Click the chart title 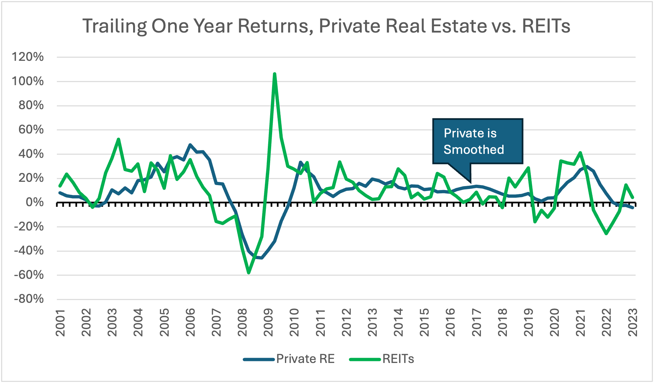coord(326,26)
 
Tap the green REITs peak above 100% coord(274,74)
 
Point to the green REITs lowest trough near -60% coord(249,273)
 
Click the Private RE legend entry coord(305,359)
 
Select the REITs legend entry coord(398,359)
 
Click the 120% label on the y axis coord(28,57)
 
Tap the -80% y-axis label coord(29,299)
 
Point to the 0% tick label coord(35,202)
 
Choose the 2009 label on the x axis coord(269,323)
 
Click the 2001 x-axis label coord(60,323)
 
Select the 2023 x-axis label coord(633,323)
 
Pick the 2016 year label coord(451,323)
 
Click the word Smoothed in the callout coord(474,150)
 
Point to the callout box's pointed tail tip coord(470,182)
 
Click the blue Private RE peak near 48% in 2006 coord(190,145)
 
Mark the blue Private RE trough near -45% coord(262,258)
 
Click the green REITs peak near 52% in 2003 coord(118,139)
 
